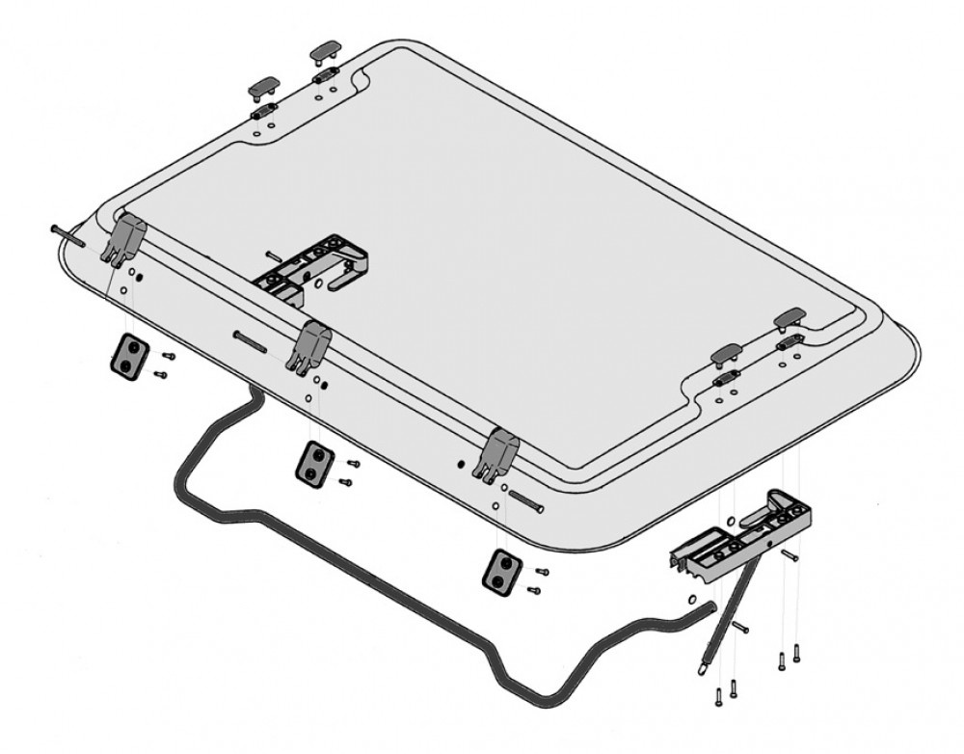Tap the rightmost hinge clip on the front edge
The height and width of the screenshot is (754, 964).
tap(499, 450)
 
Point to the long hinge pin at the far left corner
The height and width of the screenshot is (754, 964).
tap(71, 234)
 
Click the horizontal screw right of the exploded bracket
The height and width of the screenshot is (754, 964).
tap(790, 553)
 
